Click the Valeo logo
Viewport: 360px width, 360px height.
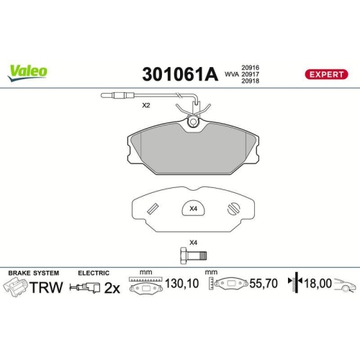pyautogui.click(x=28, y=71)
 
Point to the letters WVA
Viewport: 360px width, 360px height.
pyautogui.click(x=230, y=73)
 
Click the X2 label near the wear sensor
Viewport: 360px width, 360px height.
pyautogui.click(x=145, y=105)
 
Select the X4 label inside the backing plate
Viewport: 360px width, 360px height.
pyautogui.click(x=192, y=210)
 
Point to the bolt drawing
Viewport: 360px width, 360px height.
pyautogui.click(x=192, y=256)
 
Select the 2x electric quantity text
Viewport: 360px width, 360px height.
pyautogui.click(x=112, y=287)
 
